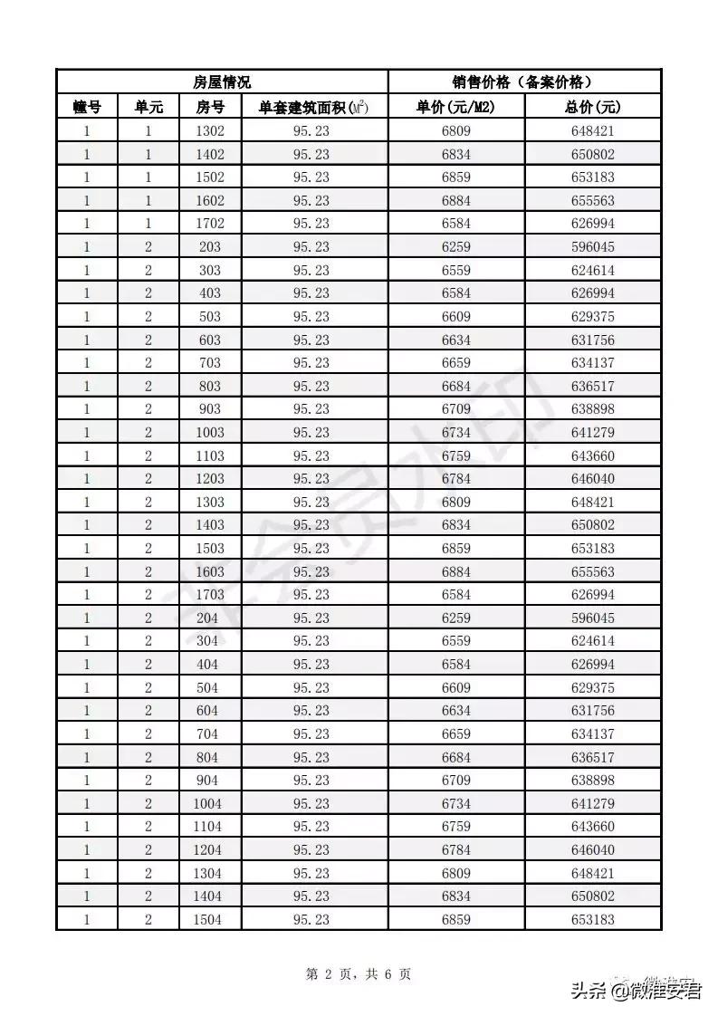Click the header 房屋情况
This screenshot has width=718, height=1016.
222,81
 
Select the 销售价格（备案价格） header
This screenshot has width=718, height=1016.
525,81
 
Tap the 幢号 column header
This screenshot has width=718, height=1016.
87,107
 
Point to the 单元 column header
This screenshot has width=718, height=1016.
148,107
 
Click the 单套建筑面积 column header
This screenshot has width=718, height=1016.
314,107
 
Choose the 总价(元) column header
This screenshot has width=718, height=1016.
592,107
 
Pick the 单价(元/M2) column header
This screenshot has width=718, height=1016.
456,107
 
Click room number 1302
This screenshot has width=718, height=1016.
210,131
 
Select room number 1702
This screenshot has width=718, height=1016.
210,224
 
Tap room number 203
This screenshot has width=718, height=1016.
209,247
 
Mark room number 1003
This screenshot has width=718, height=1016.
209,433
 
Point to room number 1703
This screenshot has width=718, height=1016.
209,595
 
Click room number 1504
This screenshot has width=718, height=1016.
209,920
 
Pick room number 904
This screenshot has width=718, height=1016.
208,781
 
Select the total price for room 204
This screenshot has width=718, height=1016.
592,618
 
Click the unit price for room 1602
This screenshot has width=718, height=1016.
456,201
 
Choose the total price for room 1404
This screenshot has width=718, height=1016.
592,896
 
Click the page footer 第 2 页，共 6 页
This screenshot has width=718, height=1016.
359,974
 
